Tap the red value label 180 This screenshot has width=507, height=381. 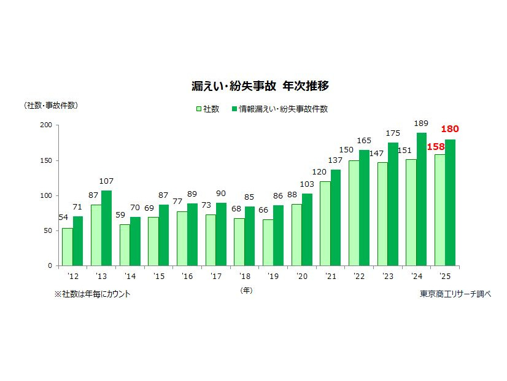coord(450,129)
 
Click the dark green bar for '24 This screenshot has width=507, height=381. coord(421,199)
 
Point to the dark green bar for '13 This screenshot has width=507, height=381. coord(106,228)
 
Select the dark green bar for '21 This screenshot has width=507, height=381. coord(335,218)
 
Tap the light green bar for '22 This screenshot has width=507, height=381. coord(354,213)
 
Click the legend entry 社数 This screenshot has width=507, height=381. coord(207,109)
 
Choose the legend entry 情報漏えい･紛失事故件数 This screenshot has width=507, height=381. coord(279,109)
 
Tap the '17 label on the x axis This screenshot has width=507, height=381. coord(216,277)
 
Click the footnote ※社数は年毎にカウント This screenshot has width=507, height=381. coord(92,294)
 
